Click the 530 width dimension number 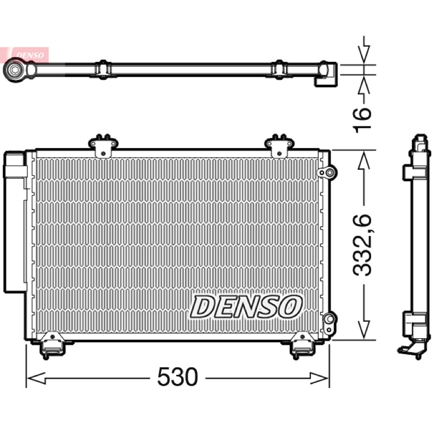pyautogui.click(x=177, y=376)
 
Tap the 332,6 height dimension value pyautogui.click(x=362, y=245)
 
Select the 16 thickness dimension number pyautogui.click(x=362, y=120)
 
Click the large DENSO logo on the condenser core pyautogui.click(x=246, y=307)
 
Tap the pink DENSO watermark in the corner pyautogui.click(x=29, y=55)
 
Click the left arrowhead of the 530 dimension pyautogui.click(x=36, y=378)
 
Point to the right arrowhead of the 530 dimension pyautogui.click(x=319, y=378)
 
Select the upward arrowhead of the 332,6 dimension pyautogui.click(x=364, y=160)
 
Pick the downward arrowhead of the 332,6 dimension pyautogui.click(x=364, y=330)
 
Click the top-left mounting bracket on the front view pyautogui.click(x=103, y=145)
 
